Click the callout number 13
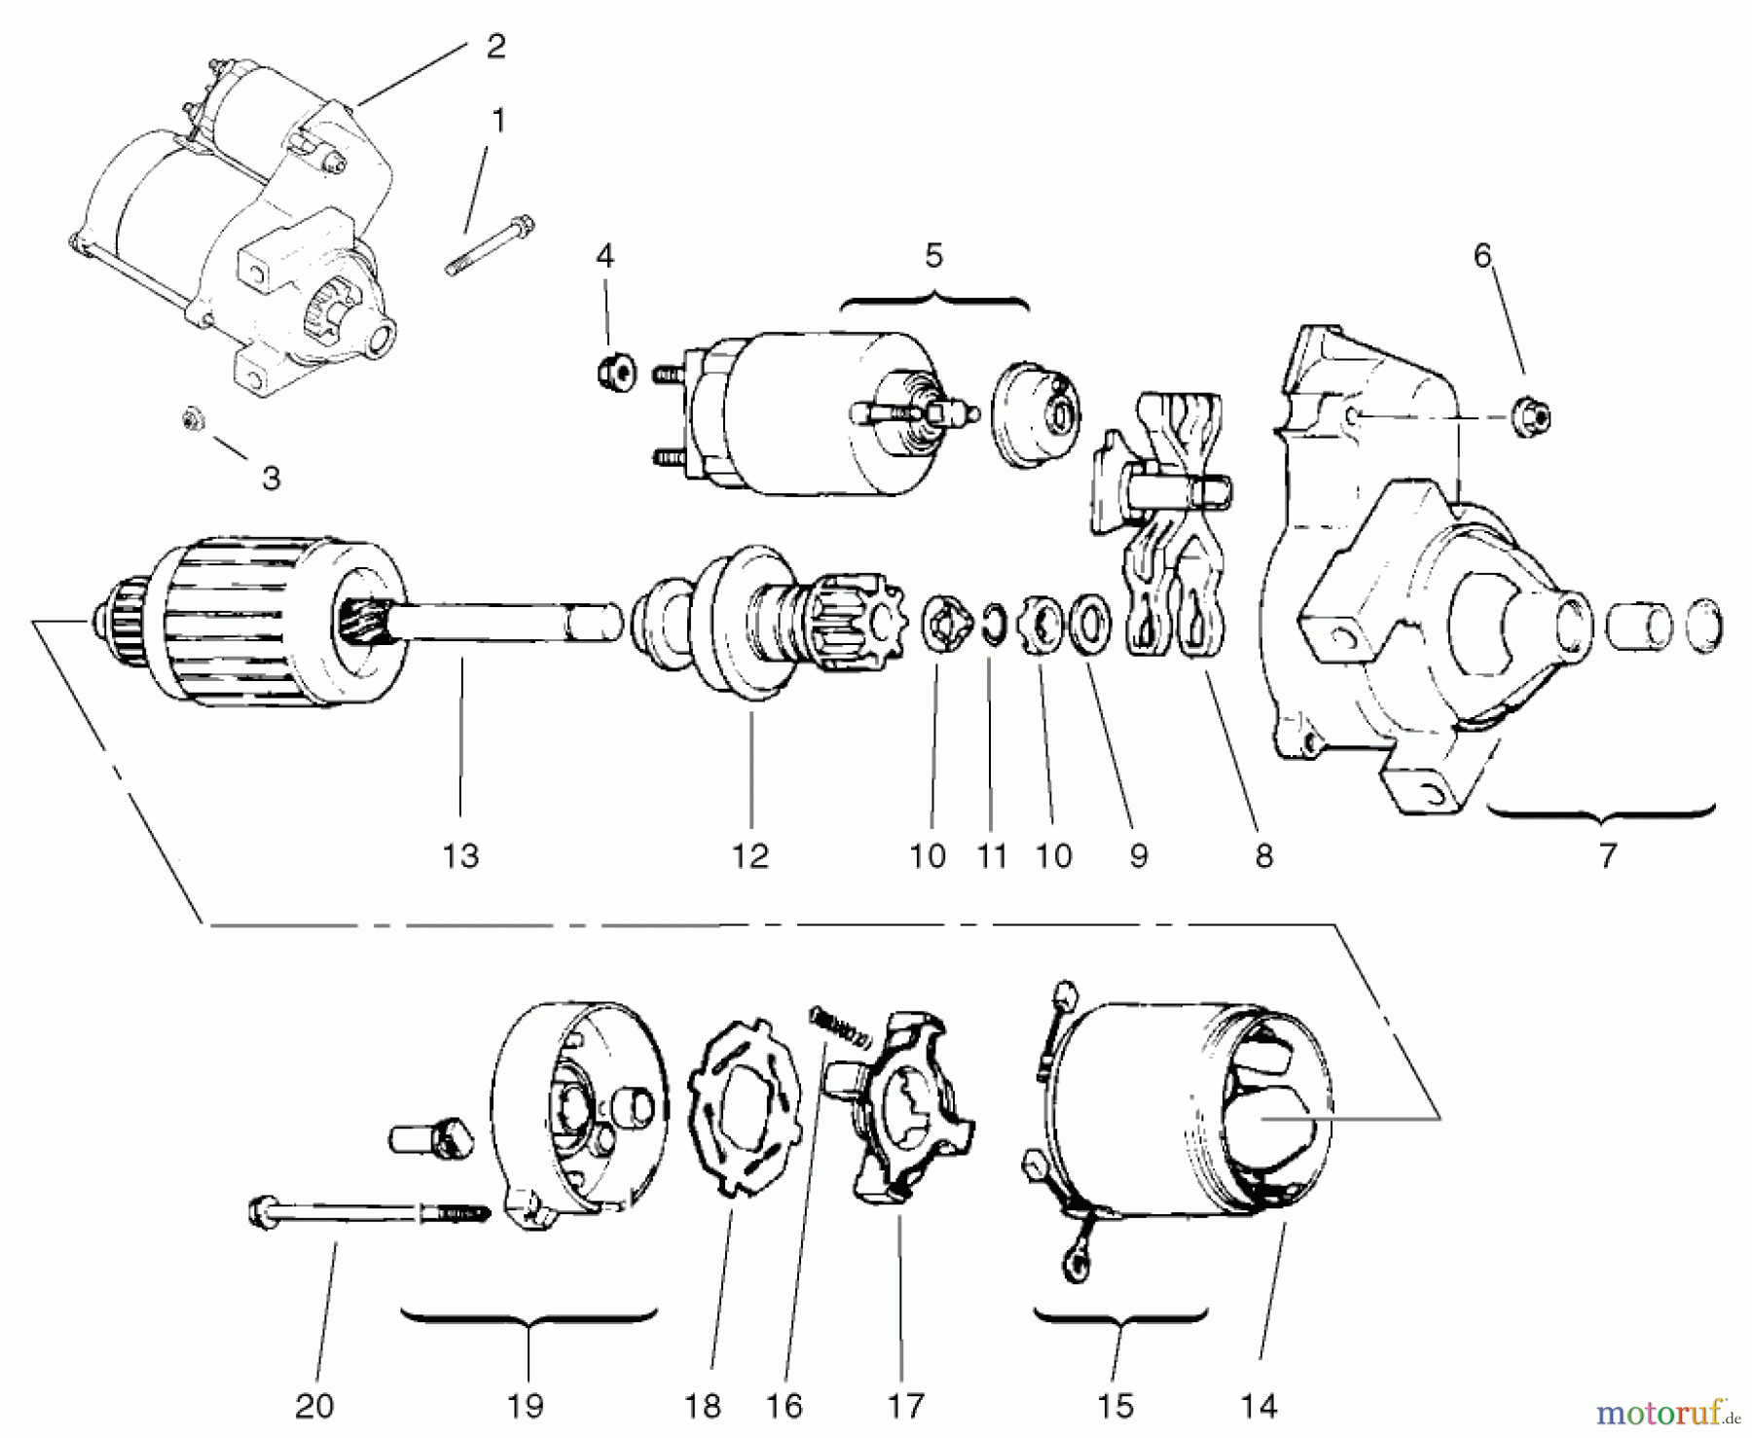click(460, 856)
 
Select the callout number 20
click(313, 1405)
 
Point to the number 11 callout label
click(991, 856)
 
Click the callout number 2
click(495, 46)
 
